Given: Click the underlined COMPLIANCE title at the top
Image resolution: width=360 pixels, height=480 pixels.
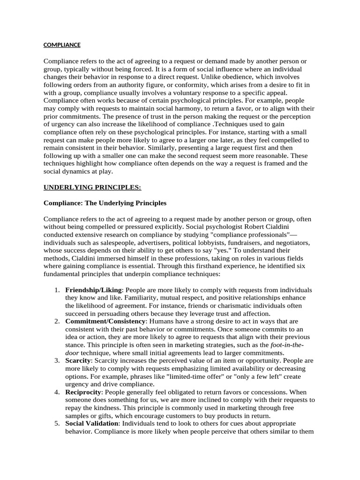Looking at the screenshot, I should point(62,45).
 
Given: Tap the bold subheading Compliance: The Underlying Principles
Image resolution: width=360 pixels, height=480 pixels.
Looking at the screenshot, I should point(105,203).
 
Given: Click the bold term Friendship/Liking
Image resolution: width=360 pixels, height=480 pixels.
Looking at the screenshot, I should point(93,290).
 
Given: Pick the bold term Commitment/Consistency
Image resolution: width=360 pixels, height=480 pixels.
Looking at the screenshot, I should point(105,321).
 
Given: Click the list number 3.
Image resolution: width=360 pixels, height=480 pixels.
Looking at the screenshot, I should point(57,360).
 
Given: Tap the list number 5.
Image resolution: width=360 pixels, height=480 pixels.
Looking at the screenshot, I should point(57,423).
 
